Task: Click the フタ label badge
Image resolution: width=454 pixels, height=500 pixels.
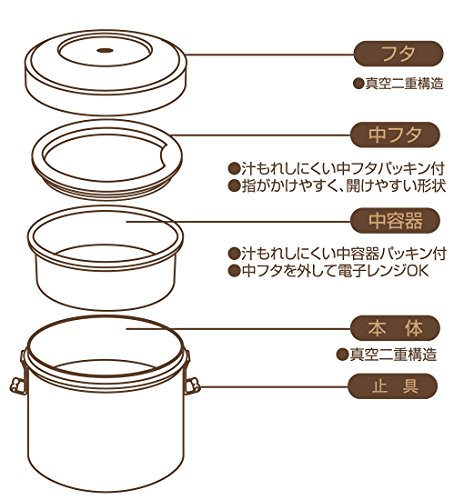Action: click(398, 54)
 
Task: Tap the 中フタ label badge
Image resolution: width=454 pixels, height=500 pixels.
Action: click(395, 135)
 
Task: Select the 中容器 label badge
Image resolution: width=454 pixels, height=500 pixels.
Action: click(395, 221)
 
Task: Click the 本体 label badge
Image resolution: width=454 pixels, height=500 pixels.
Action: click(395, 328)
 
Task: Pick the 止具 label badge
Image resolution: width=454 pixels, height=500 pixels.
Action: click(393, 386)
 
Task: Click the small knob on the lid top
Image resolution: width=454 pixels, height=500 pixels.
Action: click(105, 51)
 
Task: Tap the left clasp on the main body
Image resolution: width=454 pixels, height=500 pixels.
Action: click(18, 386)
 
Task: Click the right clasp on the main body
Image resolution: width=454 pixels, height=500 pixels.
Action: click(192, 386)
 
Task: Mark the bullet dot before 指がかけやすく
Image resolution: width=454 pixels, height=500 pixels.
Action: click(234, 186)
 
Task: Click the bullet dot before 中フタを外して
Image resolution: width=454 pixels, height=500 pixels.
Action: click(234, 271)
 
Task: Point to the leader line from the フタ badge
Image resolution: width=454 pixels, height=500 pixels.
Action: click(269, 54)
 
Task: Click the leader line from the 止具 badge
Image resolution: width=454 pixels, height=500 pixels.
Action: click(274, 387)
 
